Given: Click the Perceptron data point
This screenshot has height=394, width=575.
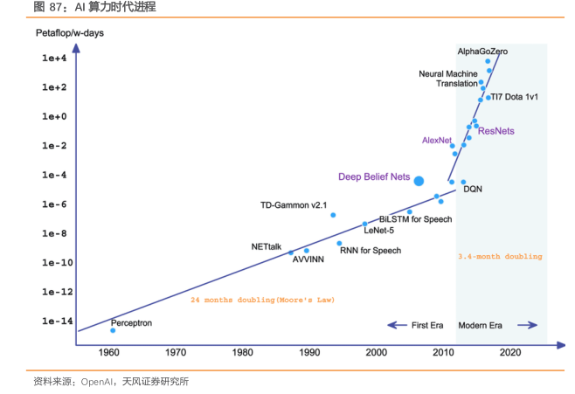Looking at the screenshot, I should [113, 330].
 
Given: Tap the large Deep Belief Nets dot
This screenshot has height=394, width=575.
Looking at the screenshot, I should [419, 181].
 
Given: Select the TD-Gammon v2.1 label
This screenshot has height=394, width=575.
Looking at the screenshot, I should [293, 205].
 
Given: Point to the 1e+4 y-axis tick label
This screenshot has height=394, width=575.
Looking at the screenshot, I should [54, 59].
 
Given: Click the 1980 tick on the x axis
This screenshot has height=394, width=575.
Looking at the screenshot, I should [243, 352].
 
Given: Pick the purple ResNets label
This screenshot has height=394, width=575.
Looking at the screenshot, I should [496, 131].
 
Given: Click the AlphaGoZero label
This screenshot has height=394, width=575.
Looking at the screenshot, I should [482, 52].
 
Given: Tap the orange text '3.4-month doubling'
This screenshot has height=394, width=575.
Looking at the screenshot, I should [500, 257].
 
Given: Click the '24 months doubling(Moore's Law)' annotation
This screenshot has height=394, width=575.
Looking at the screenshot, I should [262, 300].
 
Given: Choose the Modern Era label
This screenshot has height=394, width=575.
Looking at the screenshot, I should [482, 325].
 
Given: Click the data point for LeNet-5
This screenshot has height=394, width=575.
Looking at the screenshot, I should [365, 224].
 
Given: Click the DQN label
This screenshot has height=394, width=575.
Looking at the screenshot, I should [473, 189].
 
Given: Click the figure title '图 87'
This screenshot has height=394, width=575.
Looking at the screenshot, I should [50, 7].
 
